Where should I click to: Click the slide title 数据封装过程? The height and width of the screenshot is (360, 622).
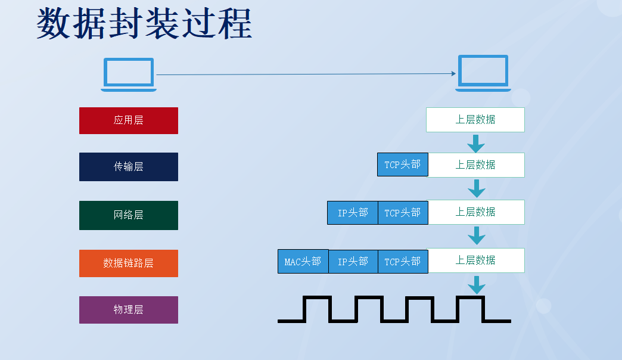pos(144,23)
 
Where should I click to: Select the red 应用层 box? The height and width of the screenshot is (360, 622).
pos(129,120)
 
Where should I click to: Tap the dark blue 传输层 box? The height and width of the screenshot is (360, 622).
pos(129,167)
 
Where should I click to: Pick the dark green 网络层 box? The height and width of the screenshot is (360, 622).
pos(129,215)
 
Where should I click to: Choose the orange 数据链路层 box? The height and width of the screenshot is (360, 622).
pos(129,263)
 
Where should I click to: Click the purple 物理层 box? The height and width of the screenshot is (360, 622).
pos(129,309)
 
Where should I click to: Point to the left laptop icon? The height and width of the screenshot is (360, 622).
pos(129,75)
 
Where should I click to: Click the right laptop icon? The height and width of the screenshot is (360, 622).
pos(483,73)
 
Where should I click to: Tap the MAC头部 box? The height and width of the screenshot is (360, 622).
pos(303,262)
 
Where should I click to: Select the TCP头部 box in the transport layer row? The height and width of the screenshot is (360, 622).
pos(403,165)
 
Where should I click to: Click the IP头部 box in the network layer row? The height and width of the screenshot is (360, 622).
pos(353,213)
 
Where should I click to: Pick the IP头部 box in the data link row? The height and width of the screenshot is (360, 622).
pos(353,262)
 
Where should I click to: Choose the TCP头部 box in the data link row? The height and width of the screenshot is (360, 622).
pos(403,262)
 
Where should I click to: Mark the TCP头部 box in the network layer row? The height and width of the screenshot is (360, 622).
pos(403,213)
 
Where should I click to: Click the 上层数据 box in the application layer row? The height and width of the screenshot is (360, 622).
pos(475,119)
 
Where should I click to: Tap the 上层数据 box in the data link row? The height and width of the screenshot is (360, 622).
pos(476,260)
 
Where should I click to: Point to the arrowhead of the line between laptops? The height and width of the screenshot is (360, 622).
pos(454,73)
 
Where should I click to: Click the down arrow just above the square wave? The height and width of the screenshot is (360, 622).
pos(477,285)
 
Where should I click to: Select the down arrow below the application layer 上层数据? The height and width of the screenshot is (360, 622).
pos(476,144)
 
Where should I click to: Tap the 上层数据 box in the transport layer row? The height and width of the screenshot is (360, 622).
pos(476,165)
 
